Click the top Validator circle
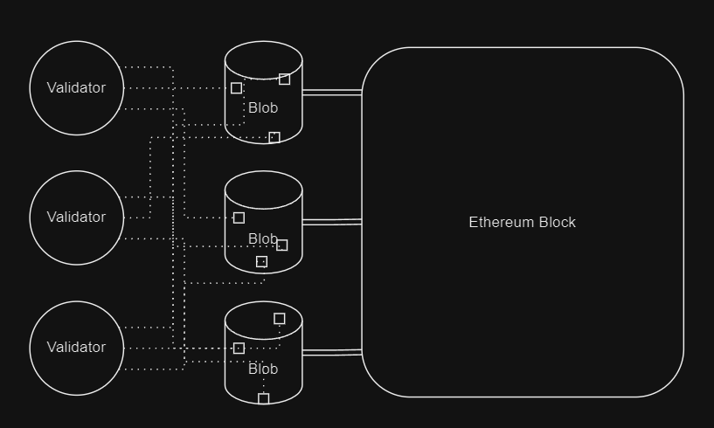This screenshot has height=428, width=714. pyautogui.click(x=77, y=88)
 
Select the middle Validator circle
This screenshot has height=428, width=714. pyautogui.click(x=77, y=217)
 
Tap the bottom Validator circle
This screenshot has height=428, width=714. pyautogui.click(x=77, y=348)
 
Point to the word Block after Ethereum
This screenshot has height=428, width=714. pyautogui.click(x=556, y=222)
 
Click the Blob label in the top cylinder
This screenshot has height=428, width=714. pyautogui.click(x=263, y=108)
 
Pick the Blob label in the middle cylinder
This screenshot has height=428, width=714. pyautogui.click(x=263, y=238)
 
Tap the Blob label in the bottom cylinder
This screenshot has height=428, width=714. pyautogui.click(x=263, y=369)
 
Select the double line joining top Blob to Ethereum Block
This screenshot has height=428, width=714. pyautogui.click(x=332, y=92)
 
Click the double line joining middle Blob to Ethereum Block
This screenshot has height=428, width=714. pyautogui.click(x=332, y=222)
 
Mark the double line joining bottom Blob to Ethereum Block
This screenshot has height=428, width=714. pyautogui.click(x=332, y=352)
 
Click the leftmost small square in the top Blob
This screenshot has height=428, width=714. pyautogui.click(x=236, y=88)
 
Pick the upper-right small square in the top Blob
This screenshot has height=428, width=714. pyautogui.click(x=284, y=79)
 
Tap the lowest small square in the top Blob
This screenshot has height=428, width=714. pyautogui.click(x=274, y=137)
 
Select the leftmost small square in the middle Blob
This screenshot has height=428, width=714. pyautogui.click(x=239, y=217)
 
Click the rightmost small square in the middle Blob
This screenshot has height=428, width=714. pyautogui.click(x=281, y=245)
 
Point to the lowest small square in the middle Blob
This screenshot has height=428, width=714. pyautogui.click(x=260, y=262)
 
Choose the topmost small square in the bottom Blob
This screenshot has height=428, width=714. pyautogui.click(x=279, y=319)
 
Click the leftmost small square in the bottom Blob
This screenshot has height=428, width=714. pyautogui.click(x=239, y=349)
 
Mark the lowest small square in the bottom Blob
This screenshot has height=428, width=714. pyautogui.click(x=263, y=398)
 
